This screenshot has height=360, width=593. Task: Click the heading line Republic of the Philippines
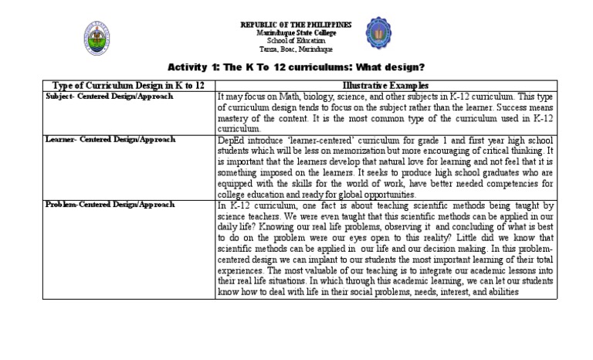[296, 25]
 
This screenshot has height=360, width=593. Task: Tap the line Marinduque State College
[296, 32]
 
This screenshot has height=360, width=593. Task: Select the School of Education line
[296, 40]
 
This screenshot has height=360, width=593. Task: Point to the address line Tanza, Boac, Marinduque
[296, 48]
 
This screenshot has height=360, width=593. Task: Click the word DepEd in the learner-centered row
[230, 140]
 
